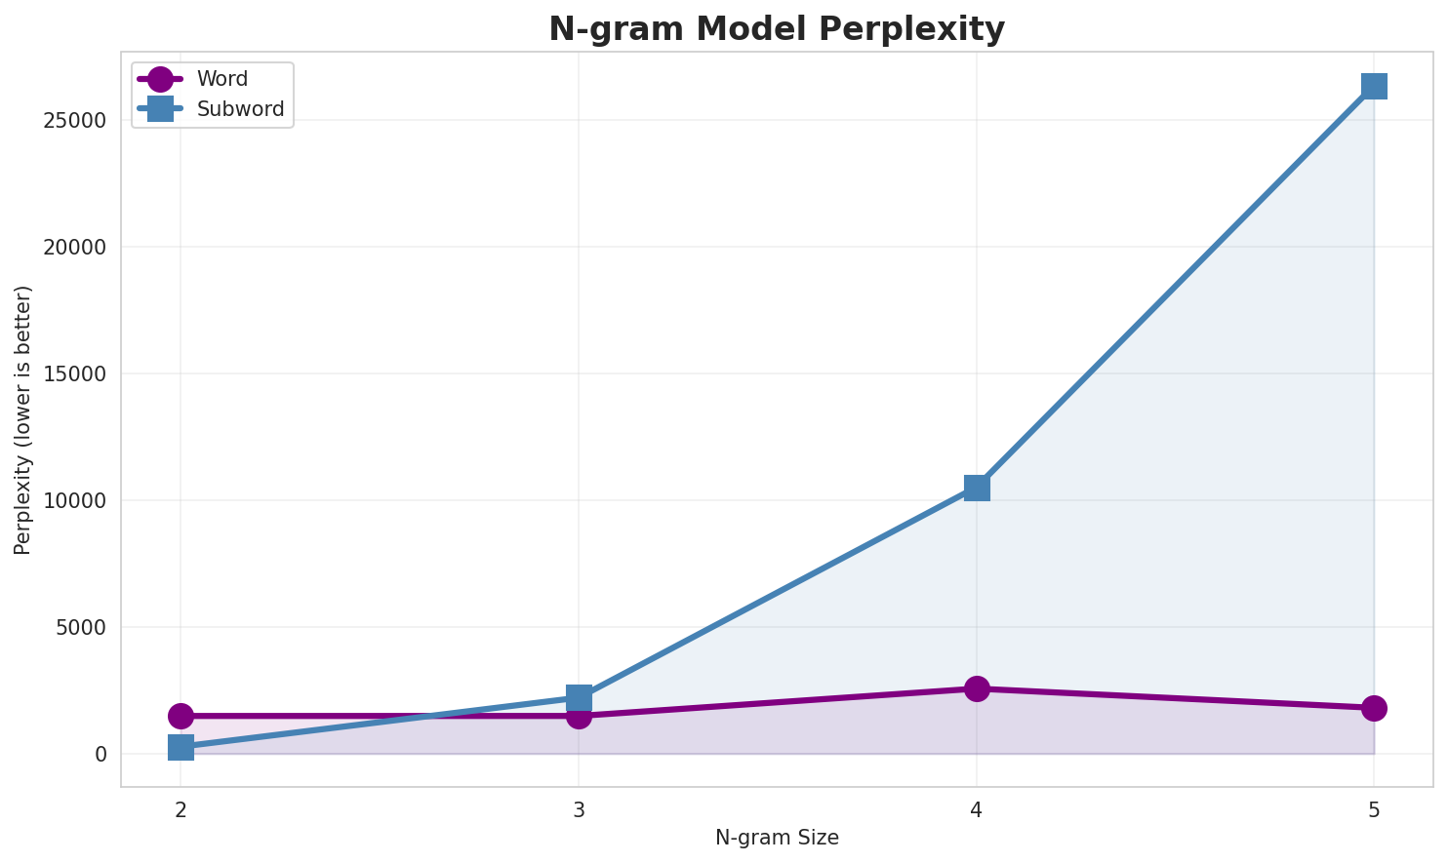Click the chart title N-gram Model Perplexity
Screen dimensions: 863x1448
(776, 29)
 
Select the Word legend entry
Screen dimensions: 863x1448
(221, 79)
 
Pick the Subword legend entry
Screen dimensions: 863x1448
(240, 109)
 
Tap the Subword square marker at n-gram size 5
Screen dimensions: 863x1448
(1374, 86)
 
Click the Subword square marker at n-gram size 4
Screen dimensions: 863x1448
(977, 488)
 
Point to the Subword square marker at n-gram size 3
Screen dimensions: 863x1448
(579, 697)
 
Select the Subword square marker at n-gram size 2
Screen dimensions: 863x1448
(181, 747)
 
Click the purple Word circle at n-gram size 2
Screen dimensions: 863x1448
(181, 716)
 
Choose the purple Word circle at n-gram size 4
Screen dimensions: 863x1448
(977, 688)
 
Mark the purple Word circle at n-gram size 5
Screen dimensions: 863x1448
(1374, 708)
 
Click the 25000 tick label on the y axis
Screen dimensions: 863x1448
(74, 121)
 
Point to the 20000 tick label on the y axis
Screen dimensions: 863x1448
(74, 248)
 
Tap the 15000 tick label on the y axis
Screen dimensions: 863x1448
(74, 374)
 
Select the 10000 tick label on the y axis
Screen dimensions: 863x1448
(74, 501)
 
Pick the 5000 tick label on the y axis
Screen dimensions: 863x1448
(80, 628)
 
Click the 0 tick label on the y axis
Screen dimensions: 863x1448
(101, 755)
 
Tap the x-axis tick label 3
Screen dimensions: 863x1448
(579, 809)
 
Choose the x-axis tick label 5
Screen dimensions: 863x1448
(1374, 809)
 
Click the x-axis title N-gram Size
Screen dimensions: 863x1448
(777, 838)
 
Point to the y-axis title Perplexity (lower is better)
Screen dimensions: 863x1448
(23, 419)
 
